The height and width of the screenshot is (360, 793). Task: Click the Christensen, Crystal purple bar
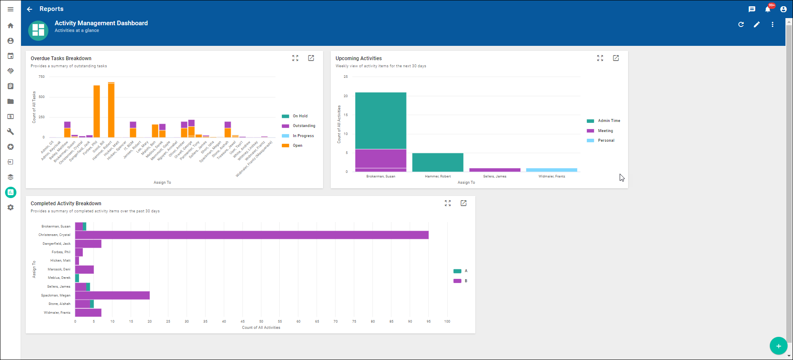[252, 235]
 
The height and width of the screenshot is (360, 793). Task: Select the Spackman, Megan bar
[112, 295]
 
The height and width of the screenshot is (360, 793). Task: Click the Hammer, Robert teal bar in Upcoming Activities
[438, 162]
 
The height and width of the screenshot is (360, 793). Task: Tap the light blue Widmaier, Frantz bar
[552, 170]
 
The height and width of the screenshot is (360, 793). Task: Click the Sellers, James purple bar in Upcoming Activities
[495, 170]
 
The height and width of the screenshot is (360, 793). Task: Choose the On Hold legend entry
[300, 116]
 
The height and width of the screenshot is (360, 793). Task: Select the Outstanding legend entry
[304, 126]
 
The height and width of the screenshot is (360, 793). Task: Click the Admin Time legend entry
[609, 121]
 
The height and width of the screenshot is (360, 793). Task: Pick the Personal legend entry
[606, 140]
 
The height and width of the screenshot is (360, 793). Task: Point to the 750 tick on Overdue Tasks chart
[42, 77]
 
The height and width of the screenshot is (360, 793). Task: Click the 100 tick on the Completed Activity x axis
[447, 321]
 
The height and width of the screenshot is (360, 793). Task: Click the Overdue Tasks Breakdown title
[61, 58]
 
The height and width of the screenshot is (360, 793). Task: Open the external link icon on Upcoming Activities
[616, 58]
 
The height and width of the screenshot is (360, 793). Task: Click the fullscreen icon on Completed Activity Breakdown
[448, 203]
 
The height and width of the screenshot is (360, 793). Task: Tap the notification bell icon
[768, 9]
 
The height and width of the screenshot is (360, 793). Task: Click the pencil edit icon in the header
[757, 24]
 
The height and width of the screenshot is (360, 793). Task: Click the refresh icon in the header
[741, 24]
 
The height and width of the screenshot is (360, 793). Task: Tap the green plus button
[778, 346]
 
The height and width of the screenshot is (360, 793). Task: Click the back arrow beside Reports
[29, 9]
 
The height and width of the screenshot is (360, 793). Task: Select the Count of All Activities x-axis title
[261, 328]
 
